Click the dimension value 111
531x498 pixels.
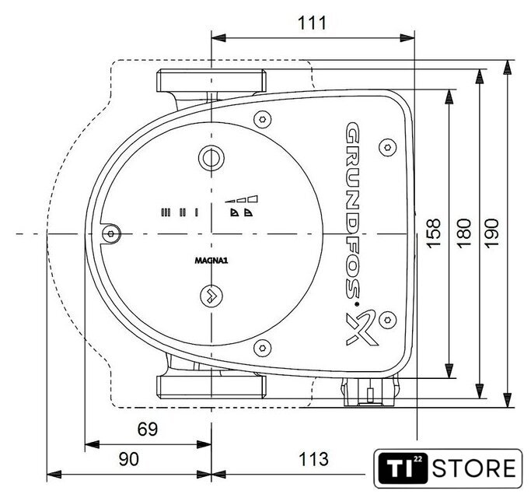[312, 23]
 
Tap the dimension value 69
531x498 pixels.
[148, 430]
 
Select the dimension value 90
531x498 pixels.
[129, 459]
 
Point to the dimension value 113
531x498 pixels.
[313, 459]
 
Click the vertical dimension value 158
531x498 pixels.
[434, 233]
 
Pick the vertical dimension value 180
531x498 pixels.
[464, 233]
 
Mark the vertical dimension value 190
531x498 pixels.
[491, 233]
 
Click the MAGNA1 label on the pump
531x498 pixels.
[211, 261]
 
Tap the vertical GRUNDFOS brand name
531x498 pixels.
[352, 211]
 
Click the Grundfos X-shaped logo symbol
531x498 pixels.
[361, 327]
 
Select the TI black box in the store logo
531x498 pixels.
[402, 468]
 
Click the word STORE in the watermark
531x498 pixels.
[473, 468]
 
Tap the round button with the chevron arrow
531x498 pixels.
[211, 295]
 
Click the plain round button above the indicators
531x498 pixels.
[211, 158]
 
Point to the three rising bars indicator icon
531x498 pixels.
[241, 199]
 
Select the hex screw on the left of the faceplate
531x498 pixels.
[111, 233]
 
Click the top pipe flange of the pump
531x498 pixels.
[211, 80]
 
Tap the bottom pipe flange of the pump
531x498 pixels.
[211, 387]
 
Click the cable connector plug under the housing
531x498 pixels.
[370, 392]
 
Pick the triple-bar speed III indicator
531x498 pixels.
[166, 212]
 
